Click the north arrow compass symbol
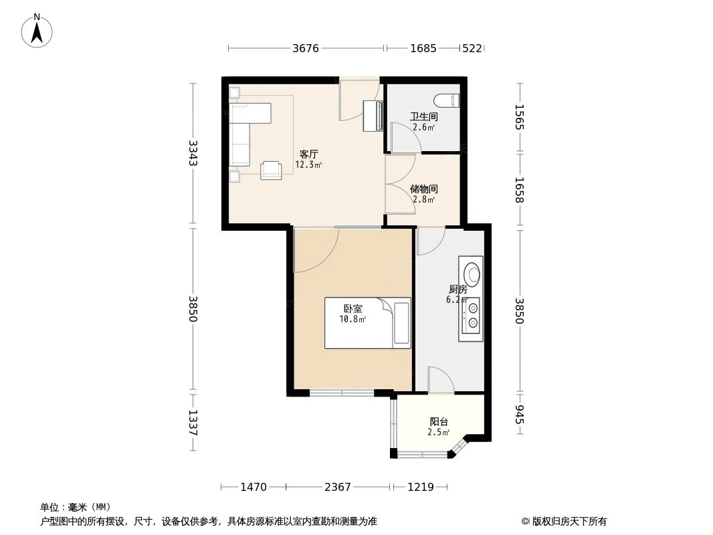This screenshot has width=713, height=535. click(x=37, y=30)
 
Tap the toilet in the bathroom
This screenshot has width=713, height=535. click(x=447, y=101)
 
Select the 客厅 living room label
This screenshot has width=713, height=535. click(x=308, y=154)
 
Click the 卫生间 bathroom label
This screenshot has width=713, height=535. click(x=423, y=116)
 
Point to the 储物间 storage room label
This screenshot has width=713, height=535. click(x=423, y=189)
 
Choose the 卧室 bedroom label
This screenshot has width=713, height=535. click(x=352, y=309)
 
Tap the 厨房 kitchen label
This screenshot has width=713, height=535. click(x=457, y=290)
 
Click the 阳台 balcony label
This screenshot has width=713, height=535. click(x=439, y=422)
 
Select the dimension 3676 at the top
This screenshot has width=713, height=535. click(x=306, y=48)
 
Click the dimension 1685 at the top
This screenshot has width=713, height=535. click(x=423, y=48)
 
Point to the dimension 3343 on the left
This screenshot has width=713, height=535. click(x=193, y=153)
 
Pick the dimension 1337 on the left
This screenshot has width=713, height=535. click(x=193, y=422)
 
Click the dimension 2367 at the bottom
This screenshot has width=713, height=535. click(x=338, y=487)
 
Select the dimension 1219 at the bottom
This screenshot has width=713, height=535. click(x=421, y=487)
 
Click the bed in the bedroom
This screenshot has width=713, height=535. click(x=367, y=323)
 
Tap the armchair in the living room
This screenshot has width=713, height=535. click(x=271, y=170)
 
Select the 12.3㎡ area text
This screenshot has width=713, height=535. click(x=308, y=165)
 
